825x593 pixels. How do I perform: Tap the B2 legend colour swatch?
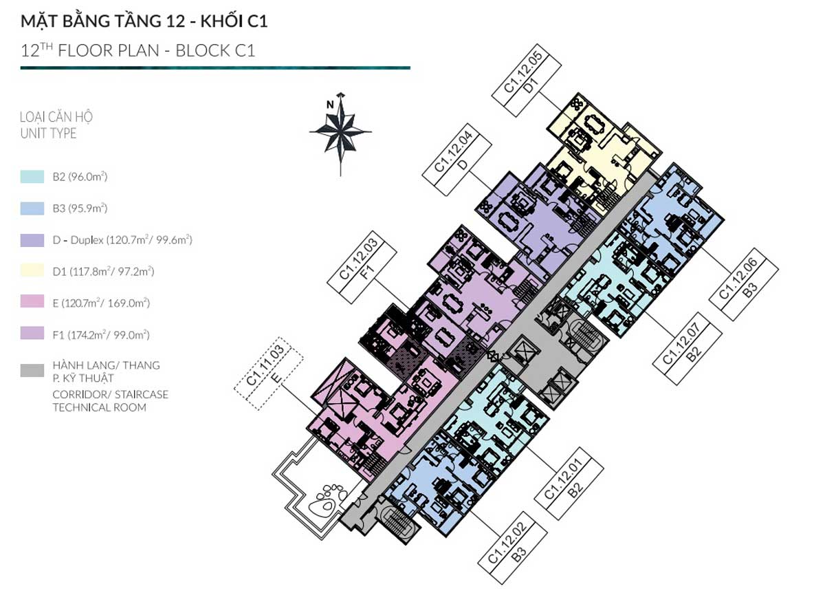coord(33,177)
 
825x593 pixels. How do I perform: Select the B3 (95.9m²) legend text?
coord(80,208)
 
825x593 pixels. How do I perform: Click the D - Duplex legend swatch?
coord(33,240)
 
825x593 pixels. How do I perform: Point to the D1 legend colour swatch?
coord(33,272)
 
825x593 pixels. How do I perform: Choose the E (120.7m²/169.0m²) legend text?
coord(101,303)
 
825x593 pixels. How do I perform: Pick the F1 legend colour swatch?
coord(33,335)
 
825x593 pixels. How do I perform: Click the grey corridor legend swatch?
coord(33,371)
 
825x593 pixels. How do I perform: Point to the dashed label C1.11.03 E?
coord(268,378)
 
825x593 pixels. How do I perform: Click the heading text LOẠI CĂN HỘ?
coord(56,117)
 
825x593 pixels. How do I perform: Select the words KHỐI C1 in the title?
coord(234,21)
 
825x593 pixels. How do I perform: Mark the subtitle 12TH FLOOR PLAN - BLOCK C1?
coord(137,50)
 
